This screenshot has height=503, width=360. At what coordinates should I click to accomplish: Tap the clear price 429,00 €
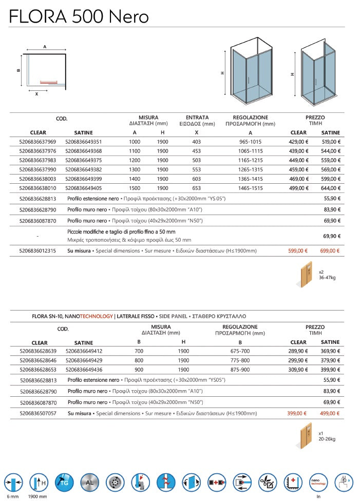coord(298,142)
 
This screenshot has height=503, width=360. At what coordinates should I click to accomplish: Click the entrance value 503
coord(197,160)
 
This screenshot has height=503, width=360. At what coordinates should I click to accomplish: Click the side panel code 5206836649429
coord(84,360)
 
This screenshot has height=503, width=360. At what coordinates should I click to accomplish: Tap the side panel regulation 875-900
coord(240,370)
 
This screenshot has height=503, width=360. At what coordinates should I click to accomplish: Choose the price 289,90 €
coord(298,351)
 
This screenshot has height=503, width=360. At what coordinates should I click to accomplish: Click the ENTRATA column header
coord(197,118)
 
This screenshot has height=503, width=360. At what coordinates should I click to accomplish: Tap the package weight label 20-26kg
coord(327,439)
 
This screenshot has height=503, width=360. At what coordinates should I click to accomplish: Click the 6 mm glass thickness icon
coord(14,483)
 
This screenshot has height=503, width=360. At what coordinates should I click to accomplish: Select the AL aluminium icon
coord(89,483)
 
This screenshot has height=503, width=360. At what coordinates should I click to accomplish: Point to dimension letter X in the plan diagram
coord(36,94)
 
